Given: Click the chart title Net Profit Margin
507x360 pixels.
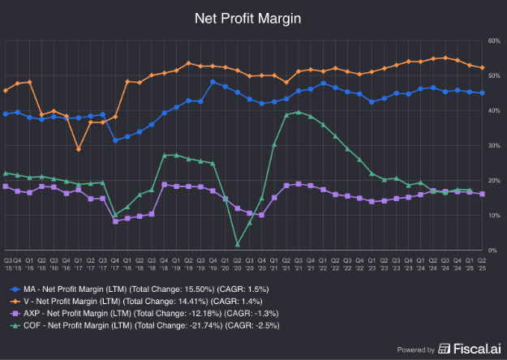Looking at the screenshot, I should coord(253,17).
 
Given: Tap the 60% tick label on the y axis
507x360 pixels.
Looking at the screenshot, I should coord(492,41).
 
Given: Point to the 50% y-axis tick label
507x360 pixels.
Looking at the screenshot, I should coord(492,75).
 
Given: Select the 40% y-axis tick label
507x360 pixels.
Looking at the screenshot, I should coord(492,110).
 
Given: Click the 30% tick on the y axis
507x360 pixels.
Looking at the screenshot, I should coord(492,145).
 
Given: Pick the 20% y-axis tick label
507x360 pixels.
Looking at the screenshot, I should coord(492,180).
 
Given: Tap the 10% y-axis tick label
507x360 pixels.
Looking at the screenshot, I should coord(492,215).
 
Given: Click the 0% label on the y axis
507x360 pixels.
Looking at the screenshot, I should coord(493,250).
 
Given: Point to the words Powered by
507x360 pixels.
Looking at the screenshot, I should coord(416,350).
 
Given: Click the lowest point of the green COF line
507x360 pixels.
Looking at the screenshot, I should coord(238,244).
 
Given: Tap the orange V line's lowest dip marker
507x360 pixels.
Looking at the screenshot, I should coord(79,149).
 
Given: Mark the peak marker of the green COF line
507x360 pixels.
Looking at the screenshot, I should coord(299,113).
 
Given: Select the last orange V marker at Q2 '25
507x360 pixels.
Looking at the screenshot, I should coord(483,68).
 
